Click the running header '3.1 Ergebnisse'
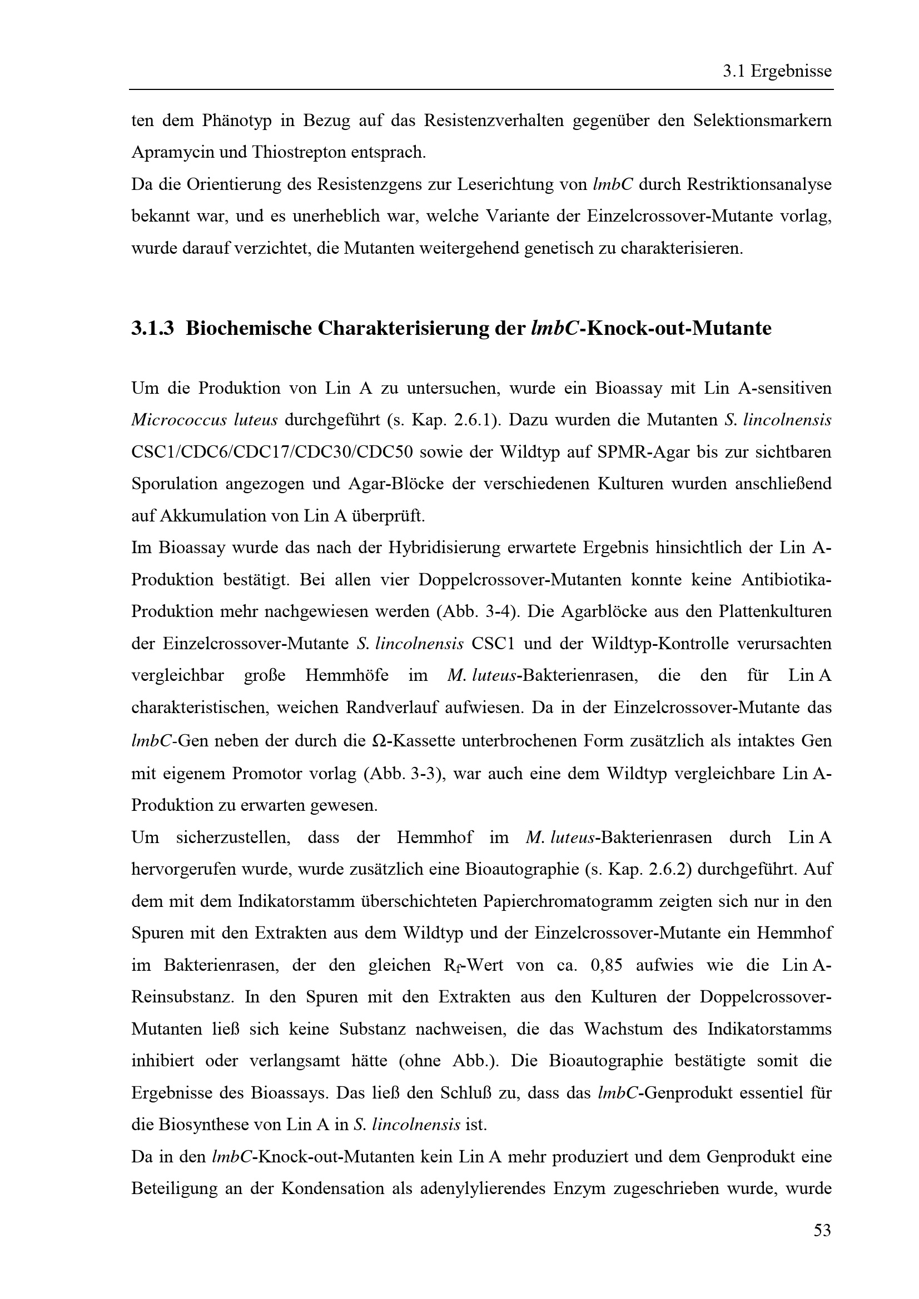777,71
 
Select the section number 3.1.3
152,328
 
